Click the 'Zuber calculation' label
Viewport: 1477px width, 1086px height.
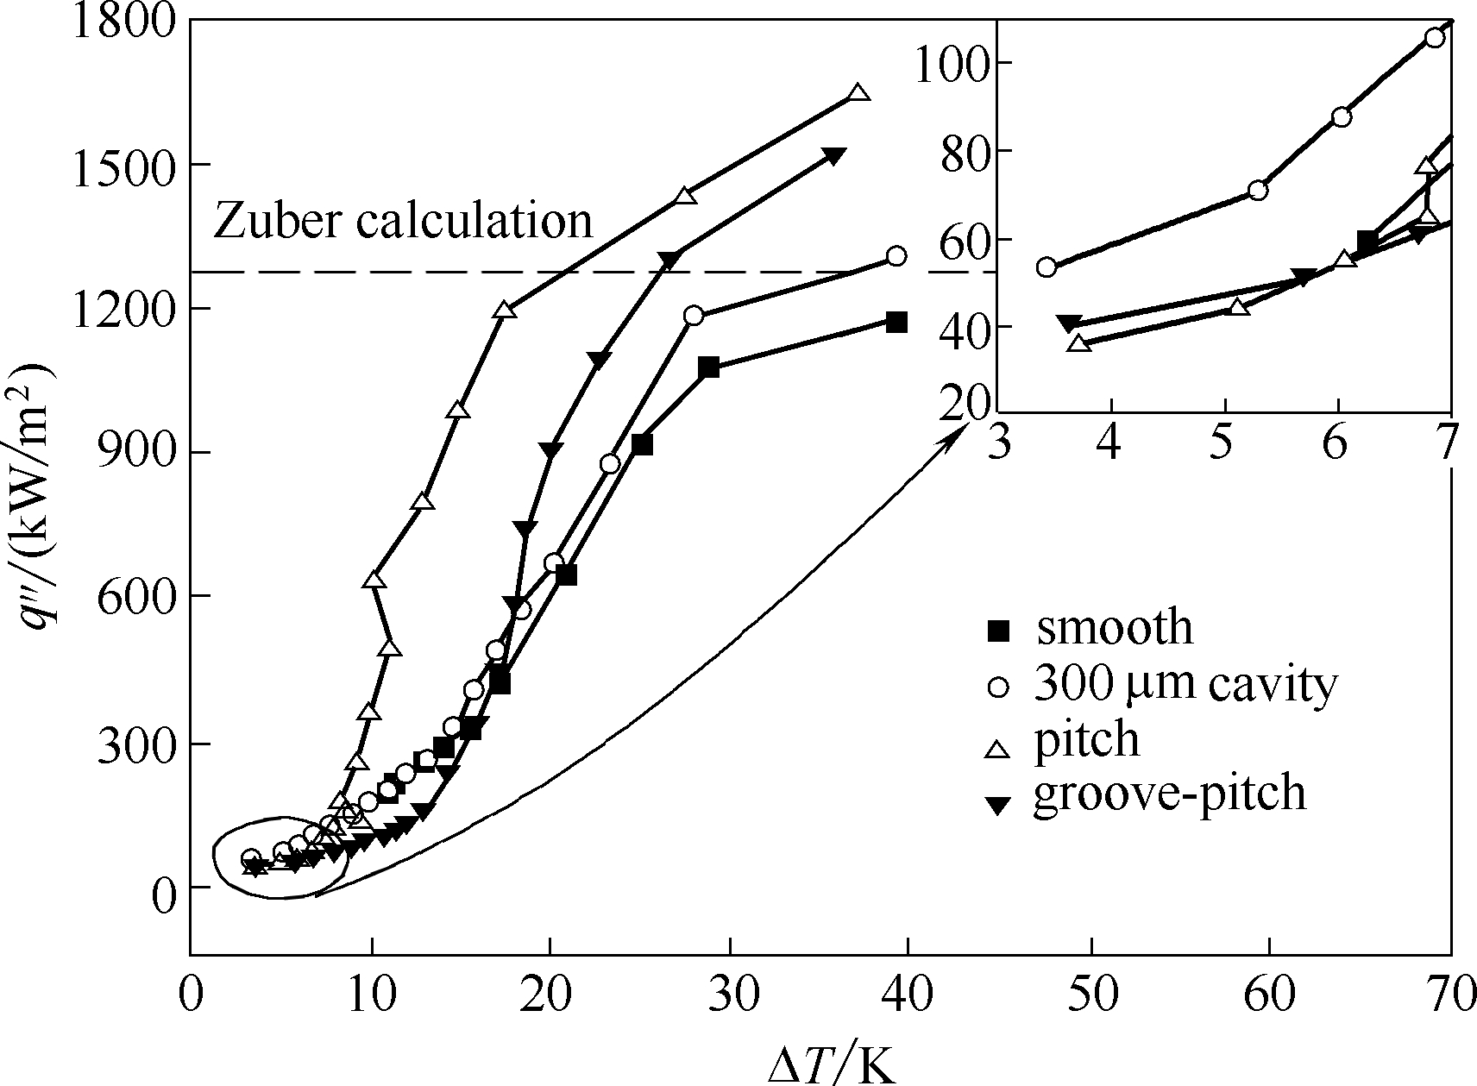click(403, 221)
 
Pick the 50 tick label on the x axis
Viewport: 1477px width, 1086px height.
click(1090, 995)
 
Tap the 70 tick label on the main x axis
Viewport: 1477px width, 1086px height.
click(1449, 995)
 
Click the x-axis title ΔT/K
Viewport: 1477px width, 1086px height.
click(832, 1066)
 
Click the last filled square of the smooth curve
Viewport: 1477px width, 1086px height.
click(896, 323)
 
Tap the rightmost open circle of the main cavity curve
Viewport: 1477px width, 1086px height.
click(896, 256)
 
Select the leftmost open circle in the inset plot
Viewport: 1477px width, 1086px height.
click(1046, 267)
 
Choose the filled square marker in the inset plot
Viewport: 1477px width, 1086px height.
click(1367, 241)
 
